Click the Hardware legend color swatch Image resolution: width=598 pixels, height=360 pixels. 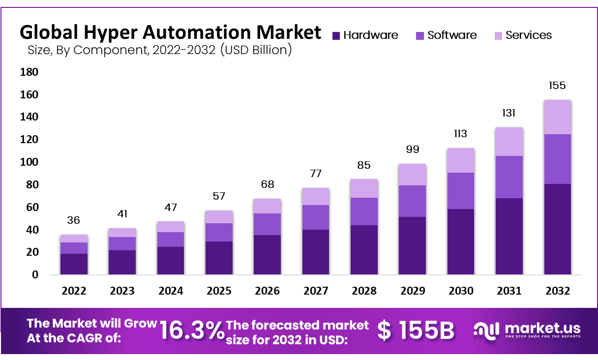pos(336,36)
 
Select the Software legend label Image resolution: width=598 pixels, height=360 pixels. pos(452,35)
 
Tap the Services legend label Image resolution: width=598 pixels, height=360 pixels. pos(529,35)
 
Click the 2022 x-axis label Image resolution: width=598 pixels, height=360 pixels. pos(74,291)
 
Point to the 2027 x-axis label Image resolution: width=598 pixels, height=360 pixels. pos(316,291)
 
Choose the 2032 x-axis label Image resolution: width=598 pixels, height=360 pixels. pos(557,291)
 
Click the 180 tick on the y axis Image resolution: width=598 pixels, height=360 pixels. pos(29,72)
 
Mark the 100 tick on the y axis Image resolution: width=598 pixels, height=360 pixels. pos(29,162)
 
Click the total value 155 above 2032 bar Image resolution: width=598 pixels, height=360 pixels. pos(557,86)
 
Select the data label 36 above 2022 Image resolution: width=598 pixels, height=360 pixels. pos(74,220)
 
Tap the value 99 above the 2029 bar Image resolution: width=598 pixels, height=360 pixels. pos(413,150)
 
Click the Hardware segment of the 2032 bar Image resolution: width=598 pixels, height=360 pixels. pos(557,229)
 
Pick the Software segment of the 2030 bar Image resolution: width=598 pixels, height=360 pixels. pos(461,191)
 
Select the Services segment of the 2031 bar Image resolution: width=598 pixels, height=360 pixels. pos(509,142)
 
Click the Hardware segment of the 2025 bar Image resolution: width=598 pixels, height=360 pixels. pos(219,258)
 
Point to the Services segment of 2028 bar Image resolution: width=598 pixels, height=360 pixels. pos(364,188)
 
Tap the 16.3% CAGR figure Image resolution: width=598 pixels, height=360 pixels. pos(192,331)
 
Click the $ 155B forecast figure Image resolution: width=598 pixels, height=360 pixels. pos(416,330)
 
